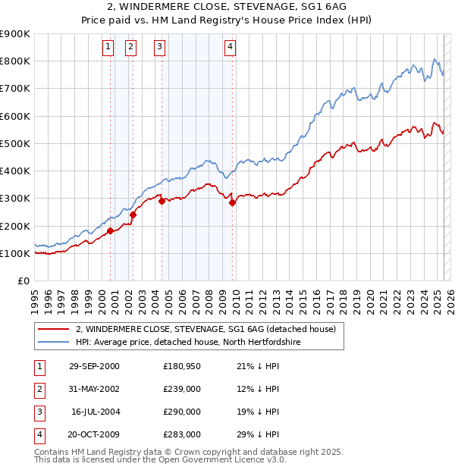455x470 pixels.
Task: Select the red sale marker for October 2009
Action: [232, 202]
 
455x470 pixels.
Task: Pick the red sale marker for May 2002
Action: [133, 215]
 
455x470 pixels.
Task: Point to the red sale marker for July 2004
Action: [162, 201]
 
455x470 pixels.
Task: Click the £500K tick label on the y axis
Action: [15, 143]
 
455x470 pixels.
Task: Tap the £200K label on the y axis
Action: [15, 226]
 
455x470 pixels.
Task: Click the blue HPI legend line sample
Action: [53, 342]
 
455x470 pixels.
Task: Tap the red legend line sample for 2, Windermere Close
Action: [53, 329]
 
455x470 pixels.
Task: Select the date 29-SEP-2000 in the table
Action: [94, 367]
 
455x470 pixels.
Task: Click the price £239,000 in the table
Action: [182, 389]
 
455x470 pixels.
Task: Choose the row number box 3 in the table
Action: [39, 412]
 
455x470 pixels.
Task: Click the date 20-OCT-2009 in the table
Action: [94, 434]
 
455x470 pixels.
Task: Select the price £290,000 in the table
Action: [182, 412]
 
